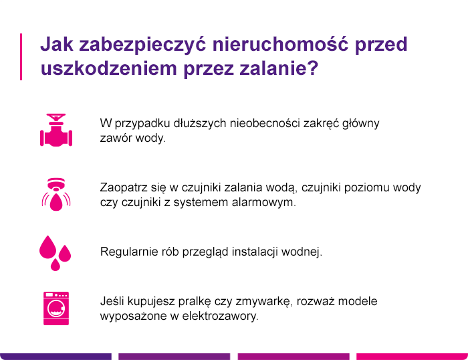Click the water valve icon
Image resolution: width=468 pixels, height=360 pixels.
click(x=56, y=130)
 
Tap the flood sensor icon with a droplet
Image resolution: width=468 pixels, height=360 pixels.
click(x=56, y=195)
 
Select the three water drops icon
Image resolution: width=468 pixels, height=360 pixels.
click(x=55, y=253)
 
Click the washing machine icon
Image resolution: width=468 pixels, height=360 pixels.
click(x=56, y=308)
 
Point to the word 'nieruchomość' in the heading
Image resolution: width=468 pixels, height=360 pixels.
click(x=280, y=44)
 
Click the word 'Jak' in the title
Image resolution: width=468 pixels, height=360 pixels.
click(x=57, y=44)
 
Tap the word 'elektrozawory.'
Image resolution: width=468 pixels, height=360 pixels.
click(x=220, y=316)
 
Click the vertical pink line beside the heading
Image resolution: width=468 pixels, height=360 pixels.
click(x=21, y=57)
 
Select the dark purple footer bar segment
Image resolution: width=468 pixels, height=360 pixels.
click(x=55, y=357)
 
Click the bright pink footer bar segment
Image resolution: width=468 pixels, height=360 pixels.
click(x=413, y=357)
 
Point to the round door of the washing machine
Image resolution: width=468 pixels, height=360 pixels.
click(x=56, y=308)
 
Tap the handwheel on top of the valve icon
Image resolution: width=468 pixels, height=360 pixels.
click(x=55, y=116)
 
